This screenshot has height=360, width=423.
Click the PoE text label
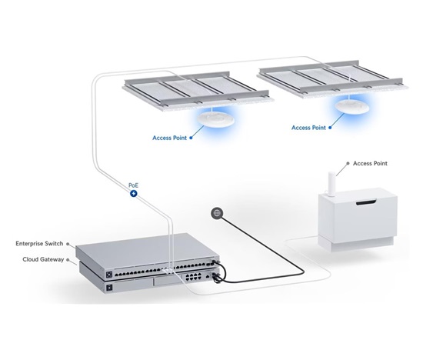[133, 185]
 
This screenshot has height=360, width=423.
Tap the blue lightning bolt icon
[134, 194]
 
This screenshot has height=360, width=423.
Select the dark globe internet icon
[217, 213]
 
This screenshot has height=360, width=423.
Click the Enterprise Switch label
[39, 244]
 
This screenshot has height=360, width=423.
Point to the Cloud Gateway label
[43, 259]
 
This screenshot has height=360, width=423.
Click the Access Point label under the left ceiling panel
[169, 138]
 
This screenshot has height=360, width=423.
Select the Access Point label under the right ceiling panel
[308, 128]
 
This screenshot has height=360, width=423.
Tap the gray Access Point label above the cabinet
[370, 163]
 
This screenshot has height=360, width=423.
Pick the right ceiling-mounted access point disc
[352, 107]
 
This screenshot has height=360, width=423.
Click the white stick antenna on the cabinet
[331, 183]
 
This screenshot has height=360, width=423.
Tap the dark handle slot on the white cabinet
[366, 202]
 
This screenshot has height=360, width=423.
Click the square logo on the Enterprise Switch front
[109, 275]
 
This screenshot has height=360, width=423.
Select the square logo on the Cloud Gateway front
[109, 288]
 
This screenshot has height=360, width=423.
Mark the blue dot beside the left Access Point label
[191, 138]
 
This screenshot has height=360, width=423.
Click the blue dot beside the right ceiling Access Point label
[330, 128]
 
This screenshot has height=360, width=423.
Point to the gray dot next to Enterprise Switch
[68, 244]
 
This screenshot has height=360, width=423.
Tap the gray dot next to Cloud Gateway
[68, 259]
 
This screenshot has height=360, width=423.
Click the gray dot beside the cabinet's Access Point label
[348, 163]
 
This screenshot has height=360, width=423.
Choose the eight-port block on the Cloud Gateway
[193, 277]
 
